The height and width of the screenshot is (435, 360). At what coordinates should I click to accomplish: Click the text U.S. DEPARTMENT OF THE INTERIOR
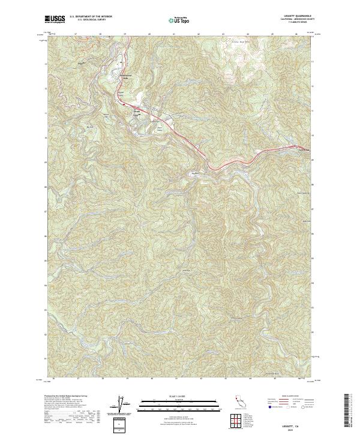(x=91, y=16)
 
